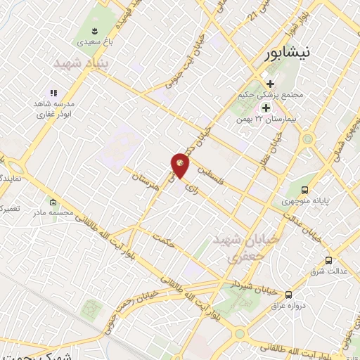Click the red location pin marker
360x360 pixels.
(180, 164)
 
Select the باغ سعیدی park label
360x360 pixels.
(94, 42)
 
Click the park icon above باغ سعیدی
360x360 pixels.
(94, 30)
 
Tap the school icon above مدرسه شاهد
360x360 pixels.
(52, 92)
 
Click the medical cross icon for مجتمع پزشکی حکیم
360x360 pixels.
(269, 84)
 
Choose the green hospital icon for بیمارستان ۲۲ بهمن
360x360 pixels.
(266, 108)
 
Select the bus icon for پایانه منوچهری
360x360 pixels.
(304, 190)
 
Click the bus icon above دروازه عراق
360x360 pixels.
(289, 294)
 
